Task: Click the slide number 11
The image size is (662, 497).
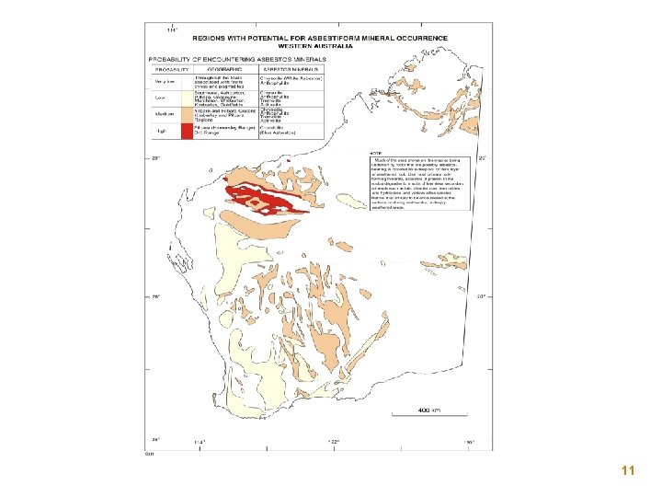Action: tap(628, 471)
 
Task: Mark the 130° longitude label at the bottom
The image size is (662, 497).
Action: tap(468, 442)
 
